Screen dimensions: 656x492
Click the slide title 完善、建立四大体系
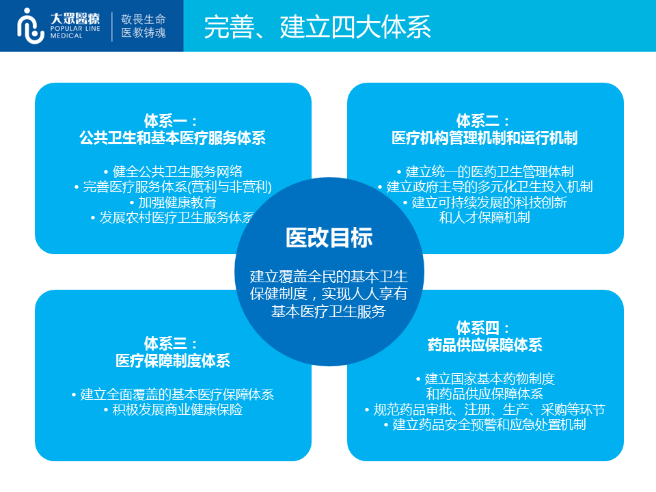click(318, 27)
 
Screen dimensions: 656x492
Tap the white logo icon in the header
click(31, 26)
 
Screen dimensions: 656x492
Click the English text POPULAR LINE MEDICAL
click(75, 32)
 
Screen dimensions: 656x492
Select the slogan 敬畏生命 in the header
click(143, 19)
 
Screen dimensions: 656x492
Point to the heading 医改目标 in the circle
click(329, 238)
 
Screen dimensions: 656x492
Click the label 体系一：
click(171, 121)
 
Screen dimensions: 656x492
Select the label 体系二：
click(483, 121)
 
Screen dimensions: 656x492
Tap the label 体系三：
click(171, 344)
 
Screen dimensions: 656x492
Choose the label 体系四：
click(483, 327)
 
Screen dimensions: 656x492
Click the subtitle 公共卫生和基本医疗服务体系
click(173, 137)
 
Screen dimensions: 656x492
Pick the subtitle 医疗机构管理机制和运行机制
click(485, 137)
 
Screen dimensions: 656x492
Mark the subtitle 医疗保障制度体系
click(173, 360)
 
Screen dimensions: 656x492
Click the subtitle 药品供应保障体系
click(485, 344)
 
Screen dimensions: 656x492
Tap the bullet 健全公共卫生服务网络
click(173, 171)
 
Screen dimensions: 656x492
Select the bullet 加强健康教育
click(173, 202)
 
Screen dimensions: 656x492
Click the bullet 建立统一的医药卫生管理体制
click(485, 171)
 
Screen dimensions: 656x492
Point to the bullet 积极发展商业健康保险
click(173, 409)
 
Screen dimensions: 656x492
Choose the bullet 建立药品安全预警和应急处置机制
click(485, 424)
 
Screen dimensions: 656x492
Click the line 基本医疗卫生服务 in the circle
click(329, 312)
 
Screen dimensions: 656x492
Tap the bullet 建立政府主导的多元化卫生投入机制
click(485, 187)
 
